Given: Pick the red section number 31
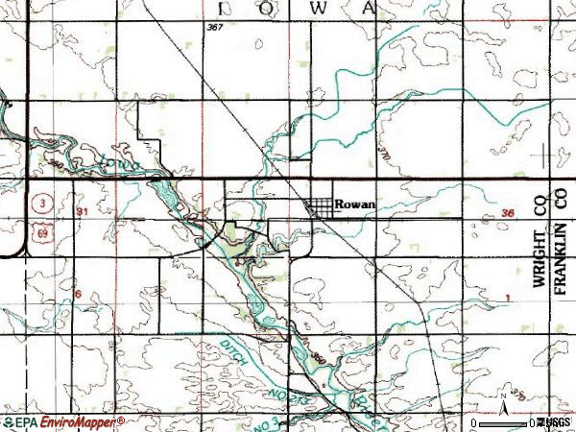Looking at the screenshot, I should [x=83, y=211].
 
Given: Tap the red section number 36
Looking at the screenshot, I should [x=509, y=213].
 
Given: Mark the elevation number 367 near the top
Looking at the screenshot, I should [x=214, y=27].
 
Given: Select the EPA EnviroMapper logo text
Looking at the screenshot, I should [x=63, y=421].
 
